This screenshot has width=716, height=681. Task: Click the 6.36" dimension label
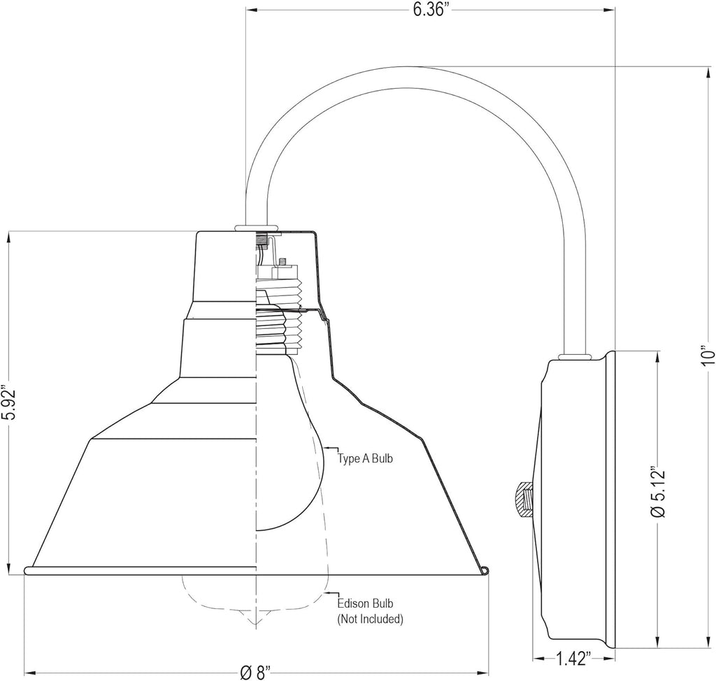click(429, 10)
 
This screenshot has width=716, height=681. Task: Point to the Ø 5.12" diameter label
click(657, 491)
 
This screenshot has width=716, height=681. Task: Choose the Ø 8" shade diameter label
click(255, 673)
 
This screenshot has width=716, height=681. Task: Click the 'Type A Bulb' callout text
click(365, 458)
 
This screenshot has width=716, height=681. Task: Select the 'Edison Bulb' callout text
click(365, 603)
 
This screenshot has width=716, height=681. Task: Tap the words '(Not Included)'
click(371, 619)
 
